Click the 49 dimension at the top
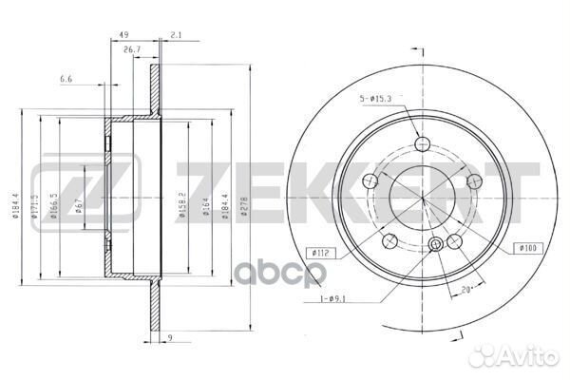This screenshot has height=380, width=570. tap(123, 36)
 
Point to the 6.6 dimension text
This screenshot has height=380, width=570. tap(65, 78)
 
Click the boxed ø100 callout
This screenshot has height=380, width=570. tap(527, 248)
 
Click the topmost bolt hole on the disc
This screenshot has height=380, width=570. tap(422, 143)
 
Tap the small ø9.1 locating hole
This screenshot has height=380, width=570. tap(436, 244)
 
